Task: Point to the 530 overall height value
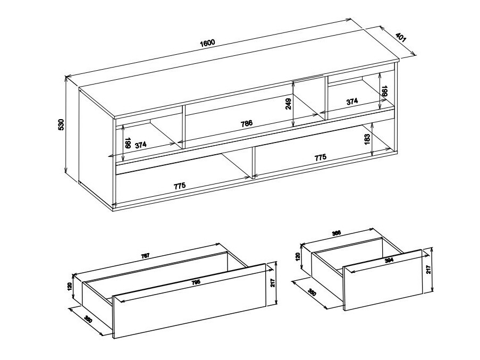coord(61,124)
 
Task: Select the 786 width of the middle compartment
coord(246,123)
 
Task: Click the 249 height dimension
coord(289,103)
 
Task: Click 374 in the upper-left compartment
coord(141,145)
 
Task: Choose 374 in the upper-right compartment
coord(352,101)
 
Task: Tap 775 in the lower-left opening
coord(180,186)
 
